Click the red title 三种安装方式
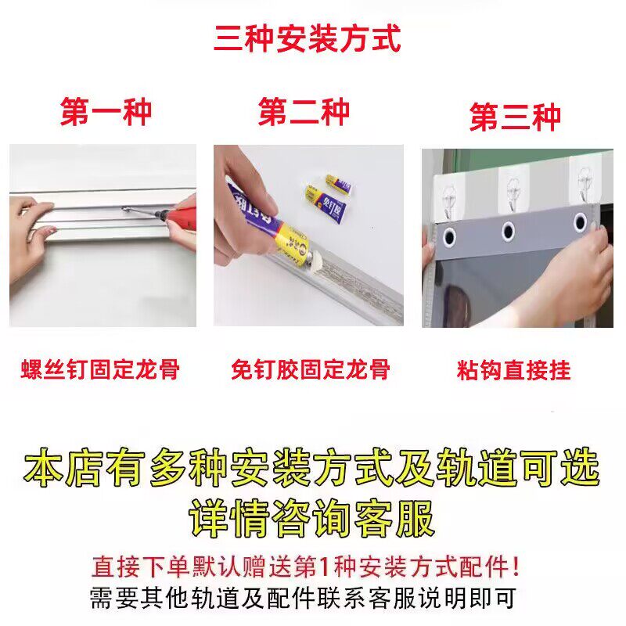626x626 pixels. pyautogui.click(x=307, y=38)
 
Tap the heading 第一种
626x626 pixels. pyautogui.click(x=106, y=113)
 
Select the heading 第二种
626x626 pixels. pyautogui.click(x=304, y=112)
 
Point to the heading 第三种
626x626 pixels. pyautogui.click(x=515, y=117)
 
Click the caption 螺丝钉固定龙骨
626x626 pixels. pyautogui.click(x=100, y=369)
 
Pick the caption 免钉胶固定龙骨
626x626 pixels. pyautogui.click(x=310, y=369)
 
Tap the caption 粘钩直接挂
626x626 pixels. pyautogui.click(x=514, y=370)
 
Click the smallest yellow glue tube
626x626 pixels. pyautogui.click(x=338, y=184)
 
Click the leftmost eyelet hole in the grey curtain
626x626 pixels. pyautogui.click(x=449, y=237)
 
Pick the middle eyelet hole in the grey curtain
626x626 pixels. pyautogui.click(x=508, y=230)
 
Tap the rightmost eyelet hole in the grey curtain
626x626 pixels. pyautogui.click(x=580, y=221)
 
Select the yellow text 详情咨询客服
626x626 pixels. pyautogui.click(x=311, y=519)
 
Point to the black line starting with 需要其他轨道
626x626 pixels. pyautogui.click(x=303, y=598)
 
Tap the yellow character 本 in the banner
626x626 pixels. pyautogui.click(x=43, y=467)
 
